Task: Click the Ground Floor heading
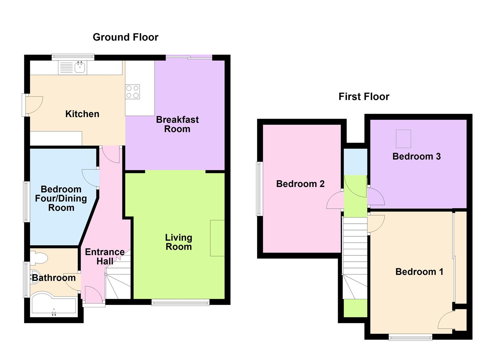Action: click(125, 37)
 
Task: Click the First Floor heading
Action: click(364, 97)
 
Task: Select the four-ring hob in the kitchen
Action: click(132, 92)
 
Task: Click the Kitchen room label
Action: click(82, 114)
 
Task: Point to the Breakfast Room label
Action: click(177, 124)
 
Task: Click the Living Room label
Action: click(179, 242)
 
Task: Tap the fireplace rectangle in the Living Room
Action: click(217, 238)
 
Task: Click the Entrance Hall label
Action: click(105, 256)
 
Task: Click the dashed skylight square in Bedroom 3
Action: click(403, 139)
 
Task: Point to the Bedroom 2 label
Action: click(300, 184)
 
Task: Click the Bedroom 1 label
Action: click(419, 272)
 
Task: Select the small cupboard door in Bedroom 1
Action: click(446, 321)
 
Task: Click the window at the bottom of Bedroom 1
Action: click(410, 338)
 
